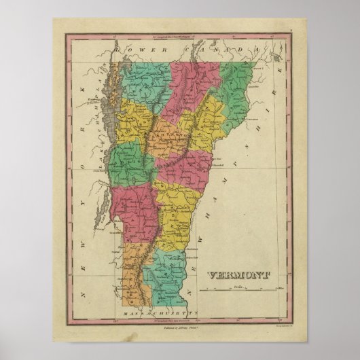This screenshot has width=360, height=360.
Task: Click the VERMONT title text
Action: coord(237,275)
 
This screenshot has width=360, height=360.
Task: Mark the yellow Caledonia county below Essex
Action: coord(207,126)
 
